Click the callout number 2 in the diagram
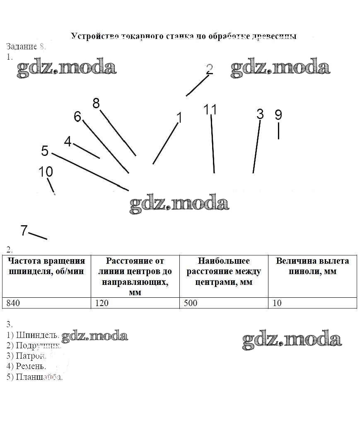209,69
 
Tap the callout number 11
210,109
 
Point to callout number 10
46,172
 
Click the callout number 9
278,114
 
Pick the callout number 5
45,151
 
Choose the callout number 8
96,103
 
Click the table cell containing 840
46,303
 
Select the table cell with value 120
135,303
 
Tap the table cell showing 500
224,303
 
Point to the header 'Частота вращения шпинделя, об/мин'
46,266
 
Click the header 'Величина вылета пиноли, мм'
312,266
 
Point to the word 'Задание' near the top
22,46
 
